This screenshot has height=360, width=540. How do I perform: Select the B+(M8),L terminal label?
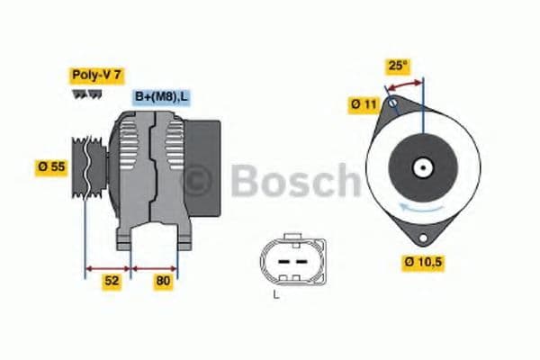pos(162,96)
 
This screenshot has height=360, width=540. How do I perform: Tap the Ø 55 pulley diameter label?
pos(50,167)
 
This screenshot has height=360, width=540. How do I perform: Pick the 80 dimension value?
pos(163,281)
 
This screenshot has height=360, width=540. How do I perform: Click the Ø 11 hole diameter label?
pos(364,104)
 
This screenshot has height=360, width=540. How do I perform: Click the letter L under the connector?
pos(277,294)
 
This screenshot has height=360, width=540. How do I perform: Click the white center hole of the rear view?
pos(419,167)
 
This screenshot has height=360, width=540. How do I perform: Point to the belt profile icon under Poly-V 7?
pos(87,94)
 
